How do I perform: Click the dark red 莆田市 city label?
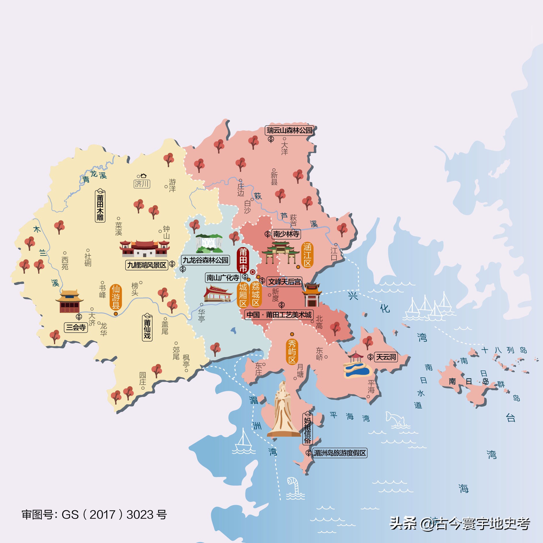[x=243, y=260]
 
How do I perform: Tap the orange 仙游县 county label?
[x=116, y=297]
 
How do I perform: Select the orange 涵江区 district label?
[x=307, y=255]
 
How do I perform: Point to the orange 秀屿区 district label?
[x=292, y=352]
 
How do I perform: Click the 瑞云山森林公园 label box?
[x=289, y=130]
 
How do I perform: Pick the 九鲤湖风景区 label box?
[x=147, y=265]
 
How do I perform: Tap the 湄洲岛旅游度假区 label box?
[x=340, y=453]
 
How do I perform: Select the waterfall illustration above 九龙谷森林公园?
[x=209, y=243]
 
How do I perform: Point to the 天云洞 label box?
[x=386, y=357]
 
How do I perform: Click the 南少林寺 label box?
[x=286, y=234]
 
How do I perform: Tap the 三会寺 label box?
[x=76, y=327]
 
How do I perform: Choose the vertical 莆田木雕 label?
[x=100, y=206]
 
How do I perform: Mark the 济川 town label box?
[x=142, y=184]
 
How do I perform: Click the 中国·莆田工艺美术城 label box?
[x=279, y=315]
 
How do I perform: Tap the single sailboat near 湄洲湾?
[x=244, y=442]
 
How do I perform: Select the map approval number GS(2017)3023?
[x=94, y=515]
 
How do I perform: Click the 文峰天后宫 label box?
[x=284, y=282]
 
